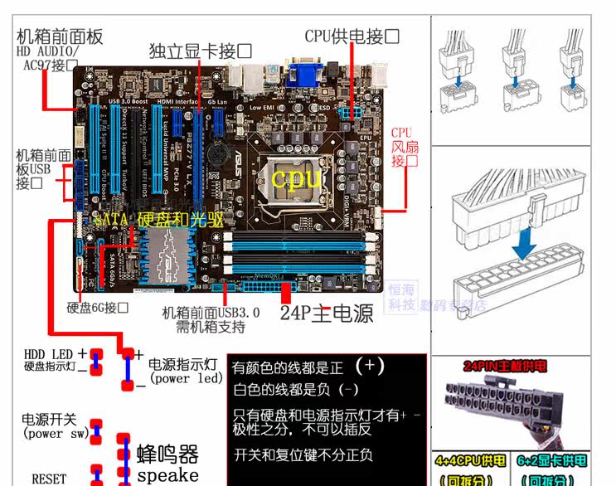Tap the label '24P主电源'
point(326,313)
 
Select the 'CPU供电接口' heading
point(352,36)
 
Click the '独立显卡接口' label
point(200,51)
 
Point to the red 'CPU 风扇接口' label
point(402,147)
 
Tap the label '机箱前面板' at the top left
point(60,36)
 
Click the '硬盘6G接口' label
point(98,308)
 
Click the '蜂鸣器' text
point(167,454)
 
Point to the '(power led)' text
point(186,379)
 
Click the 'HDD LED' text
point(50,354)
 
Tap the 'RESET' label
point(49,479)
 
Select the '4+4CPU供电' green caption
point(469,461)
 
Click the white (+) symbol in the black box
point(369,365)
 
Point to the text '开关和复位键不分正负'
point(303,454)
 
